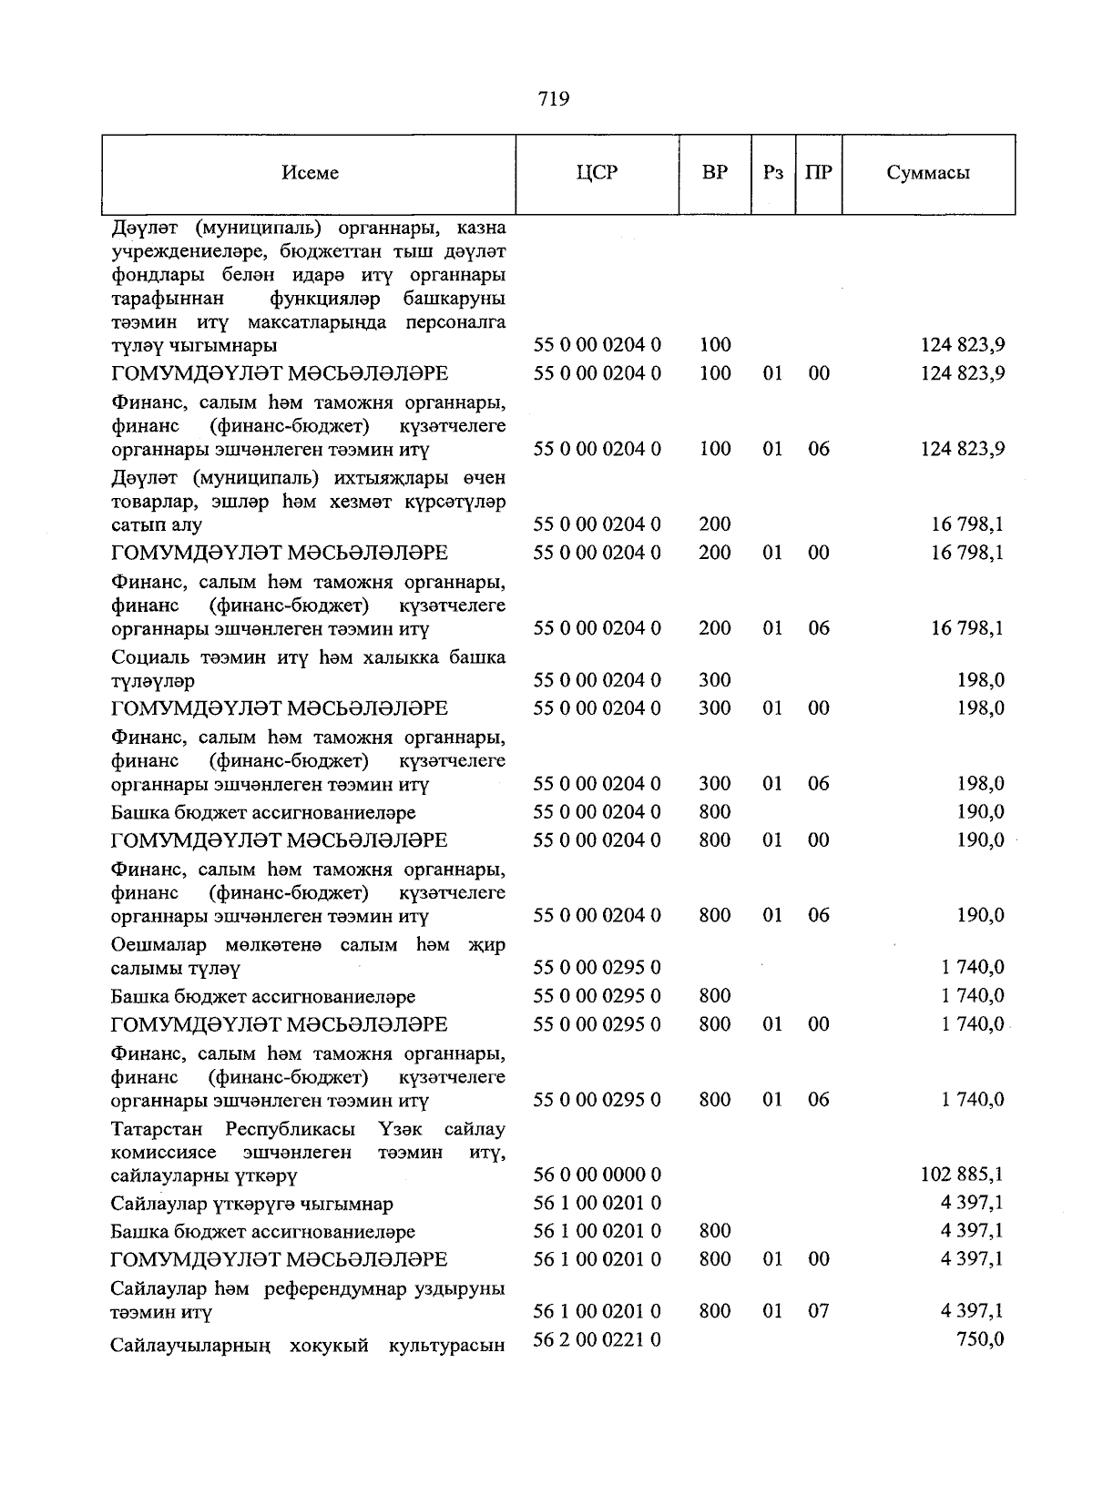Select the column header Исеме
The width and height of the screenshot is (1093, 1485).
[x=310, y=173]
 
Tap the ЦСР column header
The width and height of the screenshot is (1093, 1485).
[x=597, y=173]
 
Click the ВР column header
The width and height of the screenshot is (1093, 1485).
[x=715, y=173]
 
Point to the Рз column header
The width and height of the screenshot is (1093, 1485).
[x=772, y=173]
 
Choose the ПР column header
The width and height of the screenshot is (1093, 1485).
[x=818, y=173]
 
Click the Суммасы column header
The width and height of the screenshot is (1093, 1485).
[x=928, y=173]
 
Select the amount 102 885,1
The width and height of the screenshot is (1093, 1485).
[x=963, y=1175]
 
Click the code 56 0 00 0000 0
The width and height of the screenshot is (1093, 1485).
[x=597, y=1175]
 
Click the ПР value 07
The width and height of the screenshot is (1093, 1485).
[x=818, y=1311]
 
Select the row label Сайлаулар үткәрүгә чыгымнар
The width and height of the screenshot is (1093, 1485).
[x=252, y=1204]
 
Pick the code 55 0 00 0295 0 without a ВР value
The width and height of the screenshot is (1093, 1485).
[x=597, y=967]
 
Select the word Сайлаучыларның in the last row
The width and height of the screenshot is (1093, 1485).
[x=189, y=1345]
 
